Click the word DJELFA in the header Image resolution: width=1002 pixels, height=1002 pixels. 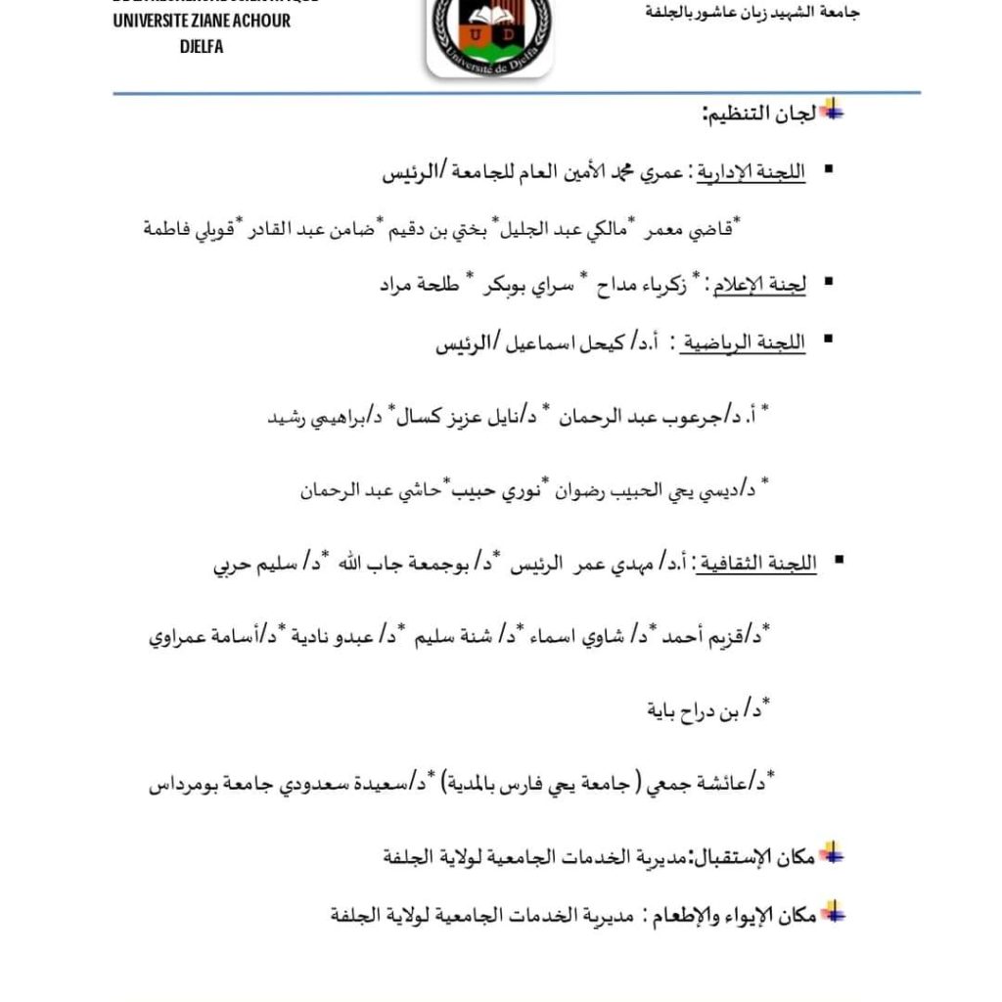click(202, 46)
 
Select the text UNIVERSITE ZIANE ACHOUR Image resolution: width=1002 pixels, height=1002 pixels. click(202, 21)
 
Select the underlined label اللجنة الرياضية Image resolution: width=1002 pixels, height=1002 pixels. click(754, 344)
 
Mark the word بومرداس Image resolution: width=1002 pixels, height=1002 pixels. click(188, 783)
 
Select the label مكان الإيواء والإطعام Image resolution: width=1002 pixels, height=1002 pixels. click(732, 916)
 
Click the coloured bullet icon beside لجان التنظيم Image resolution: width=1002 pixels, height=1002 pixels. click(832, 111)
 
